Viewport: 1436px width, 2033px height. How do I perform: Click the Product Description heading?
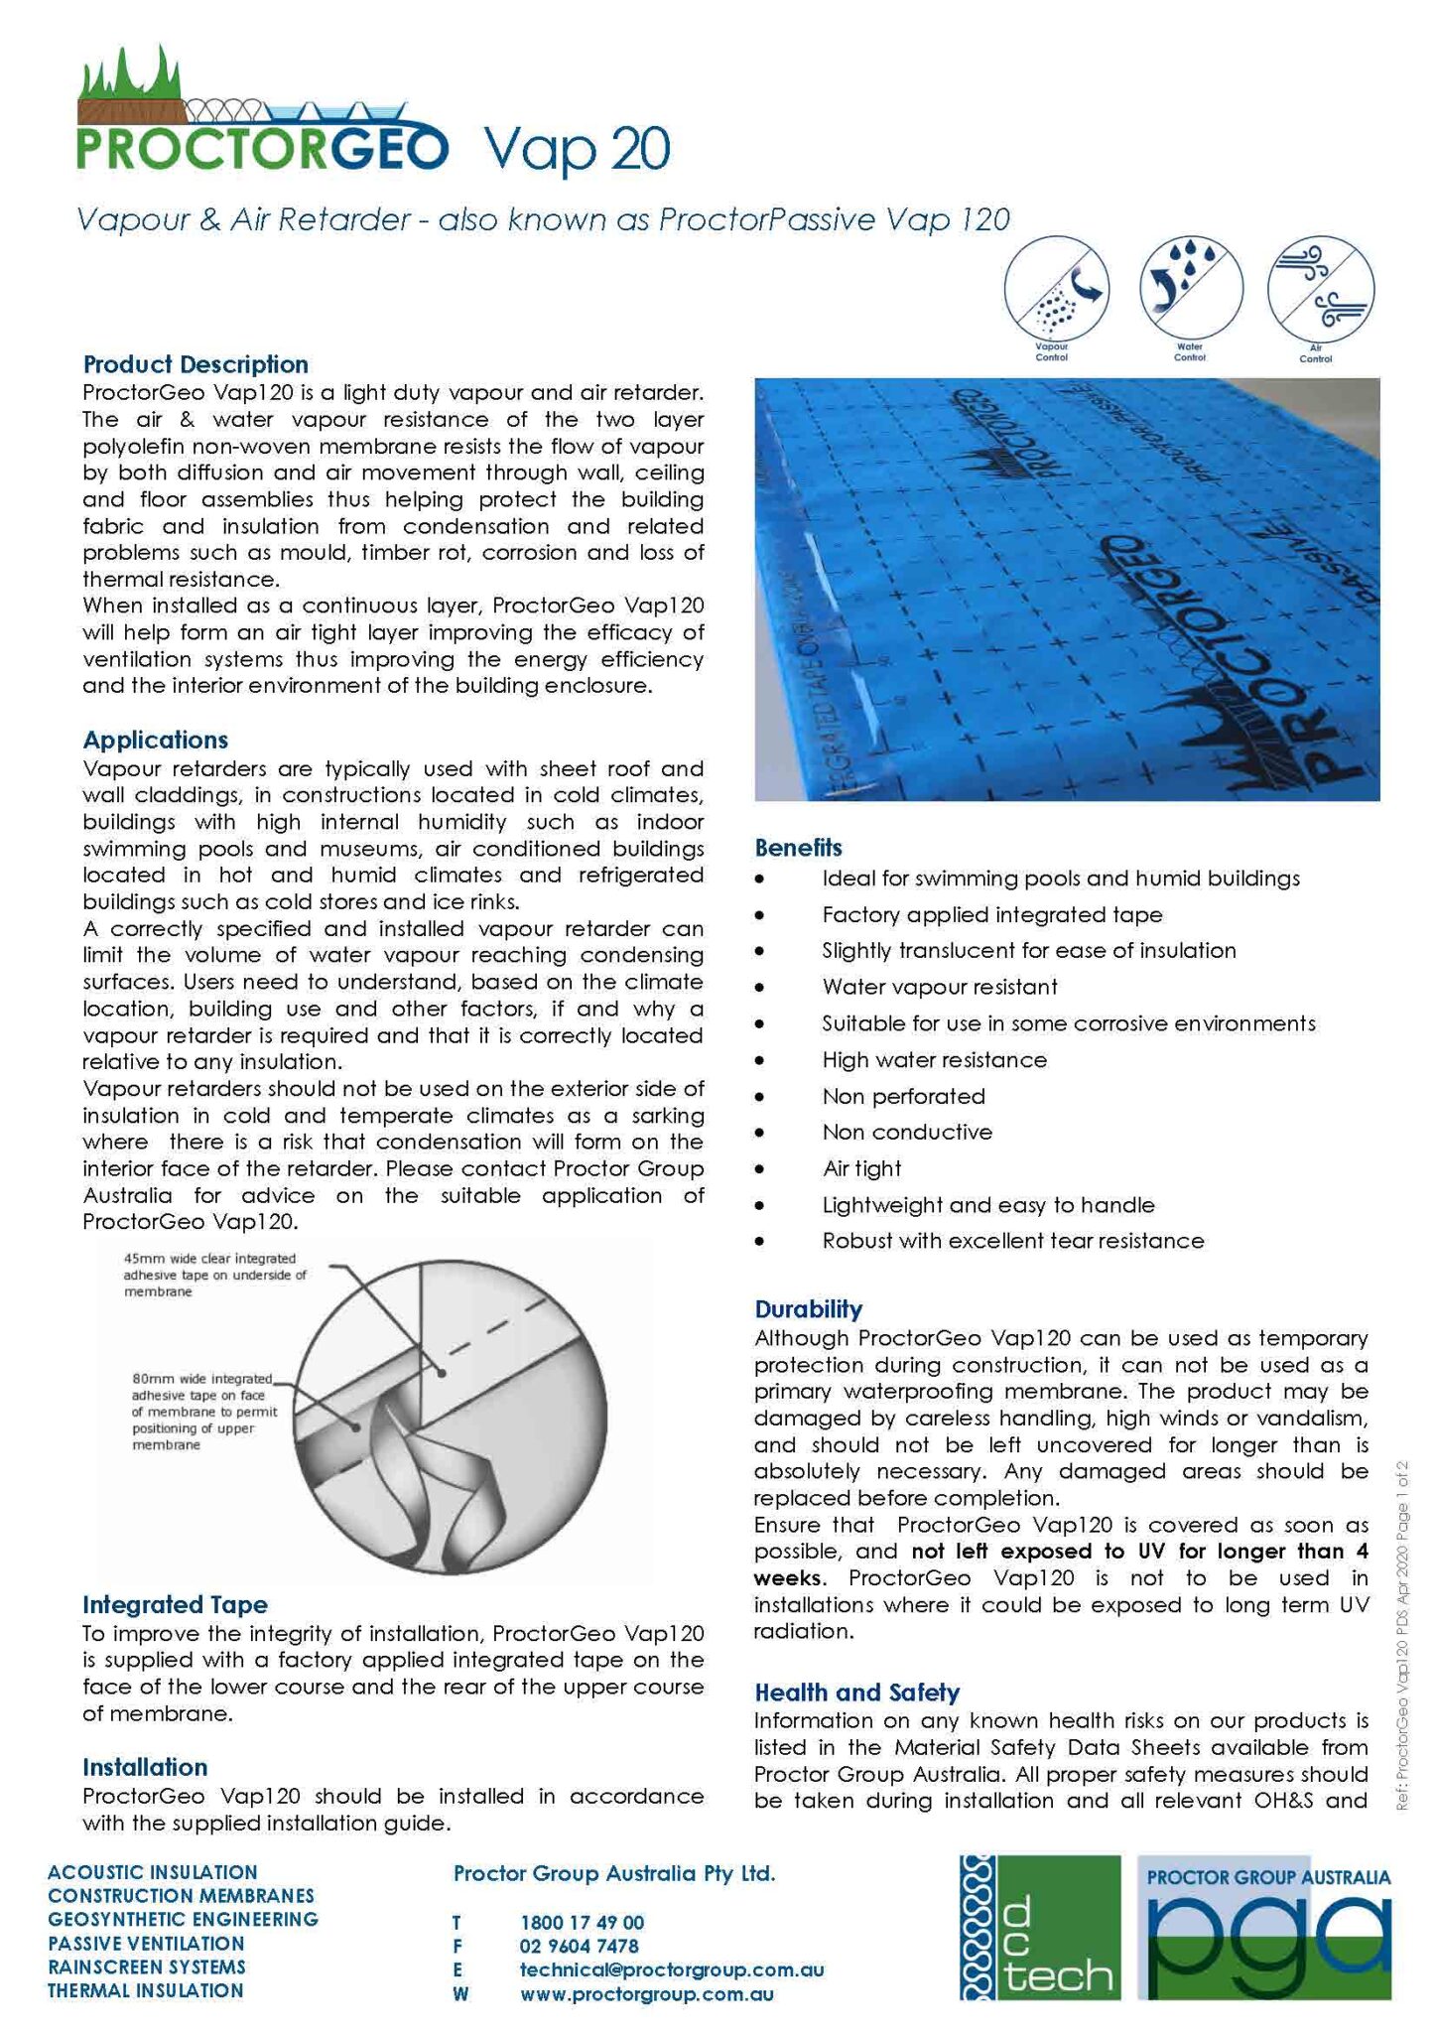point(196,364)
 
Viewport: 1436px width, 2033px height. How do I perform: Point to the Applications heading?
point(155,740)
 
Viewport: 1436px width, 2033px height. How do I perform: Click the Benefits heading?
point(798,848)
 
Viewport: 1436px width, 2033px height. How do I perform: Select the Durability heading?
point(808,1308)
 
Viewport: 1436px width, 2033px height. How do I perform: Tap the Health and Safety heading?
point(856,1693)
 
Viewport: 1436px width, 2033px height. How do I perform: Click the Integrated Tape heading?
point(175,1605)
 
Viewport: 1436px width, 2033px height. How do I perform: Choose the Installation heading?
point(145,1767)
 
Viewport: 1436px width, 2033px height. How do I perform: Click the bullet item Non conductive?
point(906,1133)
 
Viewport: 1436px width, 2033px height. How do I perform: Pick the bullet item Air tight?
point(861,1168)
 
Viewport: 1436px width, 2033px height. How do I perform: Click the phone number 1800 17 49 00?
point(582,1923)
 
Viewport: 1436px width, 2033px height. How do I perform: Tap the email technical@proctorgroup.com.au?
point(671,1970)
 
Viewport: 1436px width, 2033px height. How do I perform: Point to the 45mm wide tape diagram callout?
point(214,1276)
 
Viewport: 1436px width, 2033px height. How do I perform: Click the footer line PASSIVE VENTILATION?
point(146,1944)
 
